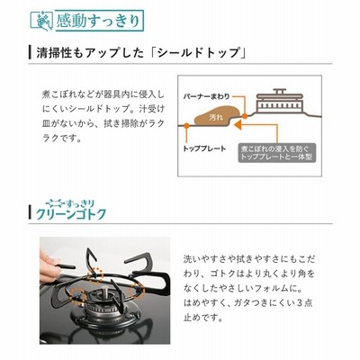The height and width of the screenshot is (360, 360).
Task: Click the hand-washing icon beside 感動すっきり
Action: [44, 21]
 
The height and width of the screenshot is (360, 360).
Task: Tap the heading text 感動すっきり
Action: [98, 21]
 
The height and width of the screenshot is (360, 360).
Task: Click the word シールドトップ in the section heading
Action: [198, 53]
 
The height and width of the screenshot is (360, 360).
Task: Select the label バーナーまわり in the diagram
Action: [206, 96]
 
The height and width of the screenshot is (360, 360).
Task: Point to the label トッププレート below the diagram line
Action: [204, 148]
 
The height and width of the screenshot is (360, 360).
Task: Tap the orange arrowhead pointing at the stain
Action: [238, 124]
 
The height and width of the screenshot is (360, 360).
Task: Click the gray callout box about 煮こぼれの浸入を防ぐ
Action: [277, 153]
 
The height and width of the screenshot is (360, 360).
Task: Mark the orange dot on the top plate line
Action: [186, 126]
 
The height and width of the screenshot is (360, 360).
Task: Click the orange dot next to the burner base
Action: [245, 116]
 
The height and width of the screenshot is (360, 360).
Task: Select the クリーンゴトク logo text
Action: [71, 214]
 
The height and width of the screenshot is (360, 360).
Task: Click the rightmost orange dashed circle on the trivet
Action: [137, 290]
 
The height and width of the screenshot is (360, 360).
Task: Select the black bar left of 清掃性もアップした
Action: [30, 53]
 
